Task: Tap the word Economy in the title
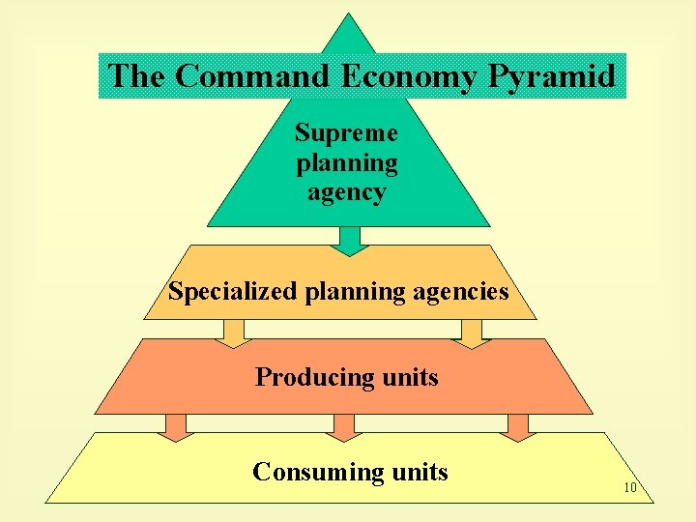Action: pyautogui.click(x=413, y=75)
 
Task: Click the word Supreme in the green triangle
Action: pyautogui.click(x=346, y=132)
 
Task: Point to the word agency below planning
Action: pyautogui.click(x=346, y=192)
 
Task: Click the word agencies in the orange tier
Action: pyautogui.click(x=459, y=291)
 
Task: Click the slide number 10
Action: pyautogui.click(x=629, y=487)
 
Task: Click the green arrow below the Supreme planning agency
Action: pyautogui.click(x=350, y=241)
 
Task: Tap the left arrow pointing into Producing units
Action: pyautogui.click(x=234, y=333)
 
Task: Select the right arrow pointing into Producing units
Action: pyautogui.click(x=471, y=333)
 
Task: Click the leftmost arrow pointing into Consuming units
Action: pyautogui.click(x=176, y=426)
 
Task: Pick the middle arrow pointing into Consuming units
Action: pyautogui.click(x=344, y=426)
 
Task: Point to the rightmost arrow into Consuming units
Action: pyautogui.click(x=518, y=426)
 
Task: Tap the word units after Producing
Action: pyautogui.click(x=410, y=377)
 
